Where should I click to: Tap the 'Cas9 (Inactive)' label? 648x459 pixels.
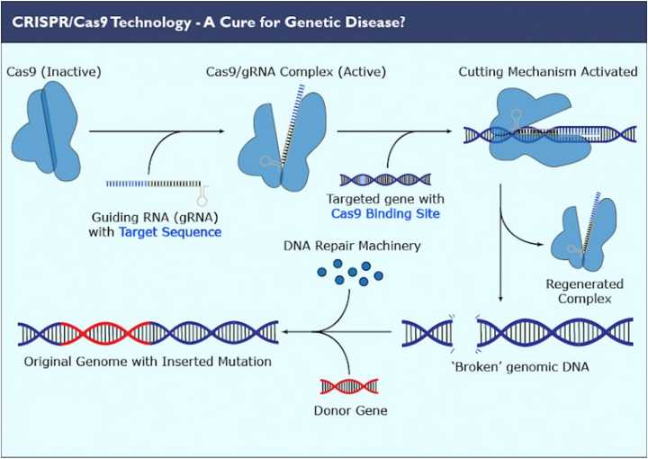(x=53, y=71)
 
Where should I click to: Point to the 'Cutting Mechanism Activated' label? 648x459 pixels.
(x=547, y=71)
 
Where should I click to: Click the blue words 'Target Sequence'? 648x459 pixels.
(x=169, y=232)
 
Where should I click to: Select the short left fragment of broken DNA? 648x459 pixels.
(x=427, y=334)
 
